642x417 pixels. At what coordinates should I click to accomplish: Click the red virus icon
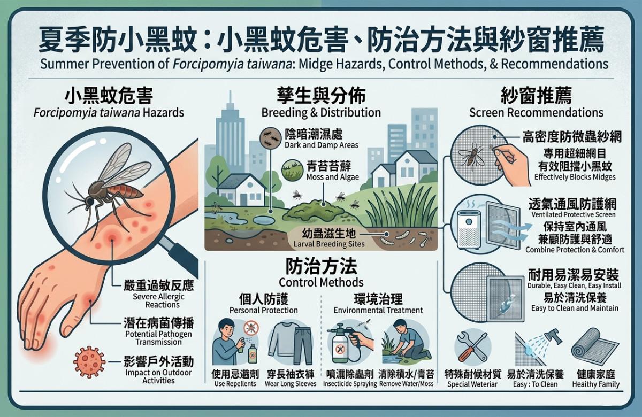point(89,362)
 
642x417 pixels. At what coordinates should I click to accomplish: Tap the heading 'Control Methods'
point(321,282)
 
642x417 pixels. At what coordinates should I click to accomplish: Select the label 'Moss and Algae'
point(332,177)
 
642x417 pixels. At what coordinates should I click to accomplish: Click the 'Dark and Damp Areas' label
point(322,145)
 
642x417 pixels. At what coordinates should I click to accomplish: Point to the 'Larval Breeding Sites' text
point(329,244)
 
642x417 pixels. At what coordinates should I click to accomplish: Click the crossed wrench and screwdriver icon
point(472,347)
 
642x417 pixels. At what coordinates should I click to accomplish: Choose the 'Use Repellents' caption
point(235,384)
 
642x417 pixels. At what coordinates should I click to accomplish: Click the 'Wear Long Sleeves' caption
point(291,384)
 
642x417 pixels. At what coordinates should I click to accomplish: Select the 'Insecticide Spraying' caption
point(350,384)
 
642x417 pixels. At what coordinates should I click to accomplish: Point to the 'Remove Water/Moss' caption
point(407,383)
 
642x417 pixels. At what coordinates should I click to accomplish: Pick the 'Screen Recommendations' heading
point(536,113)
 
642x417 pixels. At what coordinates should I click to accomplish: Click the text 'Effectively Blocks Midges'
point(575,177)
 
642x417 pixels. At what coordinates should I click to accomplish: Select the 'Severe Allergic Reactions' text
point(158,300)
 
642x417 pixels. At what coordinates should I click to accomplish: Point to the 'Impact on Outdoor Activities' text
point(158,376)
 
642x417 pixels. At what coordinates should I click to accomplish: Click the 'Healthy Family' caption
point(596,384)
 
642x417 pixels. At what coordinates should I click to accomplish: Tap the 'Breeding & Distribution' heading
point(321,113)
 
